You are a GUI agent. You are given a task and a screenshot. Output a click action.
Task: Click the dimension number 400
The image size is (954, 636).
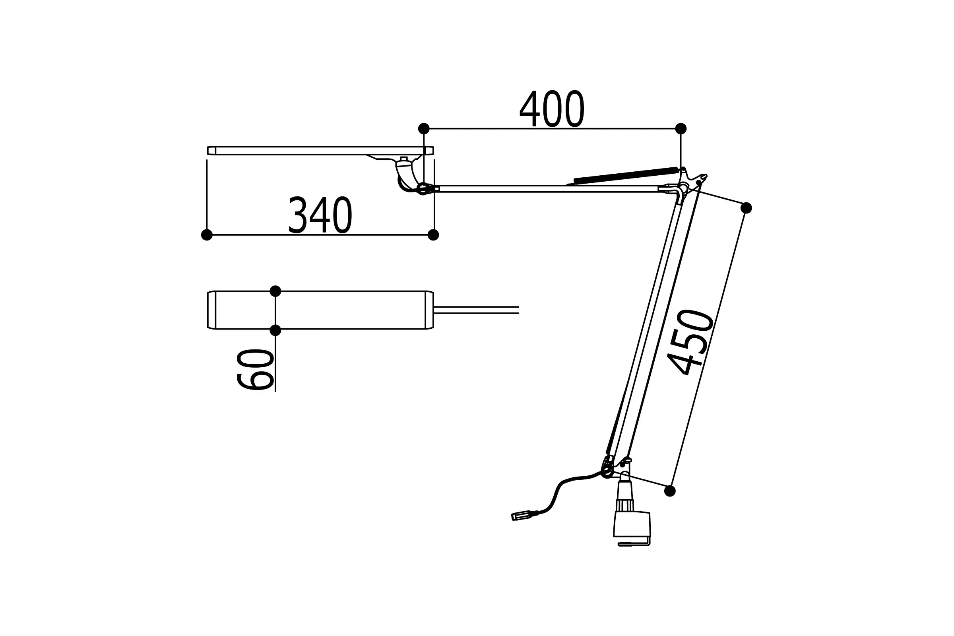tap(552, 108)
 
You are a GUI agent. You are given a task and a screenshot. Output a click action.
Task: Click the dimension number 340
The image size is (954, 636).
tap(320, 215)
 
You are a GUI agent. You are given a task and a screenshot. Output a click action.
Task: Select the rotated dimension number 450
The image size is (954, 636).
tap(690, 342)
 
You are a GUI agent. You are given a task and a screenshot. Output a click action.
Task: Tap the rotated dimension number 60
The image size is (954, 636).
tap(255, 370)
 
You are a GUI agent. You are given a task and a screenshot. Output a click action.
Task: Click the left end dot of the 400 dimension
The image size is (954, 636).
tap(423, 128)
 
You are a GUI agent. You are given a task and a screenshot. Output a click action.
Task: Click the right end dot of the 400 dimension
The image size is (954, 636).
tap(681, 128)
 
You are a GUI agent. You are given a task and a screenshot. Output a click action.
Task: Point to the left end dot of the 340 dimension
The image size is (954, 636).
tap(207, 235)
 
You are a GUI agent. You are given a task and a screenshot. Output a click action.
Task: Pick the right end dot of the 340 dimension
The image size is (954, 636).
tap(433, 235)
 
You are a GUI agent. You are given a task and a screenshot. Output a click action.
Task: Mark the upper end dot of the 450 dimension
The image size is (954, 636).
tap(746, 207)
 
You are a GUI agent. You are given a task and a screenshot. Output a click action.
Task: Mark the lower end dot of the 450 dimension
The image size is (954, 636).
tap(670, 491)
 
